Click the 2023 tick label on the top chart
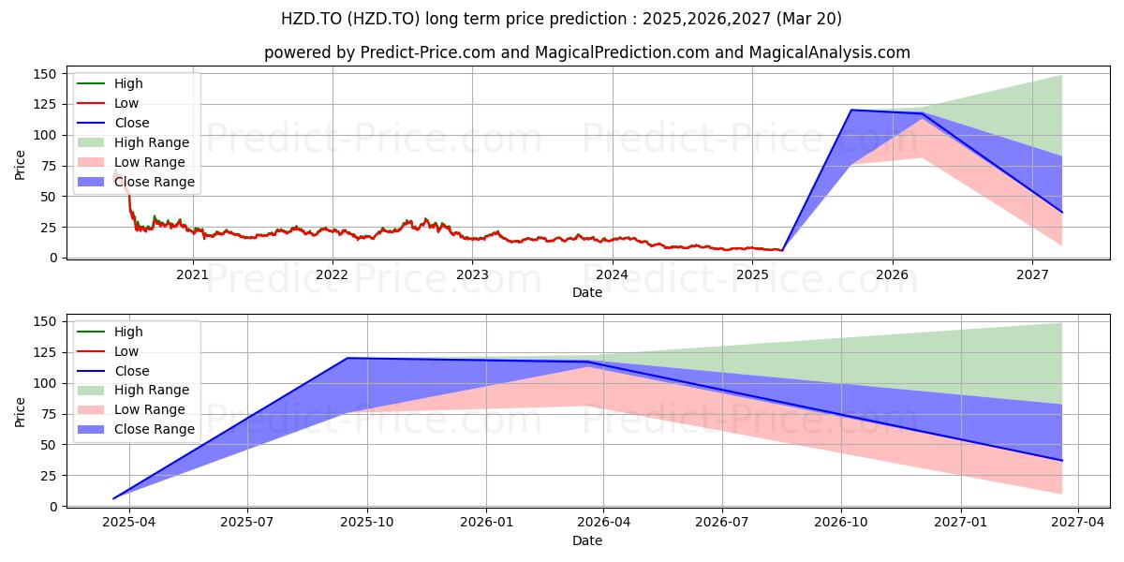pos(472,275)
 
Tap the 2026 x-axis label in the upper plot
pos(892,275)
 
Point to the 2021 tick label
pos(193,275)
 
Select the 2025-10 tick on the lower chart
pos(367,523)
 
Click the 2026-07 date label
pos(722,523)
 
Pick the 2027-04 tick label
pos(1078,523)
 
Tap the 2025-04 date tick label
pos(129,523)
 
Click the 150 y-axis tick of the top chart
pos(45,74)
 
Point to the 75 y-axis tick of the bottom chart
pos(49,414)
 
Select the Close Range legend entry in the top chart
pos(136,182)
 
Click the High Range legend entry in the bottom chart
pos(133,390)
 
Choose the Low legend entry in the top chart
pos(108,103)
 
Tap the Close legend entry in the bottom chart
pos(113,371)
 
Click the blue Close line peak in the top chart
pos(851,110)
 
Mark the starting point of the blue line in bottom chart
pos(113,498)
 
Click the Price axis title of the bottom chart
pos(20,412)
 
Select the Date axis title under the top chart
pos(587,292)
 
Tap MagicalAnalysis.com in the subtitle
pos(830,52)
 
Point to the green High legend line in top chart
pos(91,83)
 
